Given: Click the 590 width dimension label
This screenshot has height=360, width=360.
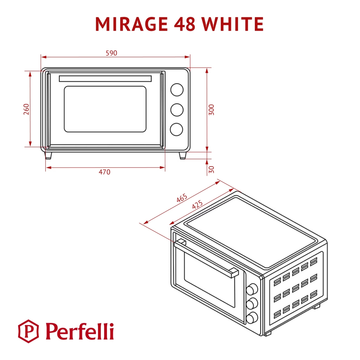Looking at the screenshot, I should tap(111, 53).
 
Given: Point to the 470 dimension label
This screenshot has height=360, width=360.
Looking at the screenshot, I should tap(104, 172).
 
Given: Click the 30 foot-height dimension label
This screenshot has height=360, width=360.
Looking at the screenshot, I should tap(211, 169).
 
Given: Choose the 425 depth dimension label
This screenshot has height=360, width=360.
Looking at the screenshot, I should tap(197, 205).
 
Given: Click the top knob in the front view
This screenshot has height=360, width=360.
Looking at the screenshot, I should tap(177, 90).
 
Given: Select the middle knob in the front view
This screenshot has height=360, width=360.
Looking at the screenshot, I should tap(177, 110).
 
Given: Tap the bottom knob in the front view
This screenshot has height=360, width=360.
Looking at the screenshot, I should tap(176, 129).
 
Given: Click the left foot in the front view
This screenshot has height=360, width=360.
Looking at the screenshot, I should tap(48, 155).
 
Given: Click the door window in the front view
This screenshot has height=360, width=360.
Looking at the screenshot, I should tap(105, 109).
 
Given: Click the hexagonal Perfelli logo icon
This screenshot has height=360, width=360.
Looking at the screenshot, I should tap(29, 331).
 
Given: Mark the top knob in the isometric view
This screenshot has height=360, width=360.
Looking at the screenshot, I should tap(251, 289).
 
